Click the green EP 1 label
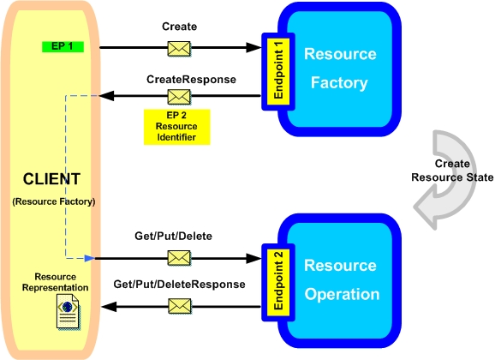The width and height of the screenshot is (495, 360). (x=63, y=46)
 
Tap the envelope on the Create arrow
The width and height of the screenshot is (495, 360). (x=179, y=49)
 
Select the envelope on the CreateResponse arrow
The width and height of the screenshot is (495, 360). (x=179, y=97)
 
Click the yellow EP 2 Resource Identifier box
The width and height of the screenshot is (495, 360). (x=176, y=127)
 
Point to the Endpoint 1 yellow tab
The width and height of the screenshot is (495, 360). (x=278, y=71)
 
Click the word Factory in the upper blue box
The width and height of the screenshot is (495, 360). (x=339, y=83)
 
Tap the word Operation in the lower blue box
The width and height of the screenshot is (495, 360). (x=342, y=295)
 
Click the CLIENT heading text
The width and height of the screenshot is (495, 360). (x=51, y=179)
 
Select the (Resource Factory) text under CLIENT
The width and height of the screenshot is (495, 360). (x=54, y=201)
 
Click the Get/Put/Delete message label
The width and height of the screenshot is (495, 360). (x=173, y=236)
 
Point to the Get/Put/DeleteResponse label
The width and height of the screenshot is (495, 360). (x=179, y=285)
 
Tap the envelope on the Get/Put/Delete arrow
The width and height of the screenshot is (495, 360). (x=179, y=258)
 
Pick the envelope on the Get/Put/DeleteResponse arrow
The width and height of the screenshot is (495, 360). (x=180, y=306)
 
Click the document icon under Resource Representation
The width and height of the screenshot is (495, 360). (x=69, y=312)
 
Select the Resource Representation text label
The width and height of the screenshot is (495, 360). (x=56, y=282)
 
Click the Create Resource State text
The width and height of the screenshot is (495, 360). (x=452, y=171)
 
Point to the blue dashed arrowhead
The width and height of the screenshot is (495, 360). (x=90, y=258)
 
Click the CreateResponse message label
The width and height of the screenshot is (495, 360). (x=191, y=80)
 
